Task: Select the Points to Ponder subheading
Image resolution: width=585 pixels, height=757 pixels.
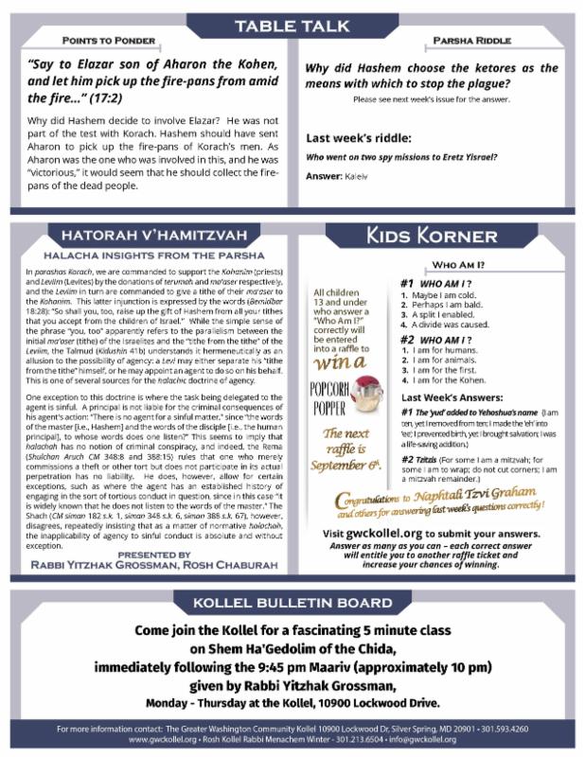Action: coord(110,43)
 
